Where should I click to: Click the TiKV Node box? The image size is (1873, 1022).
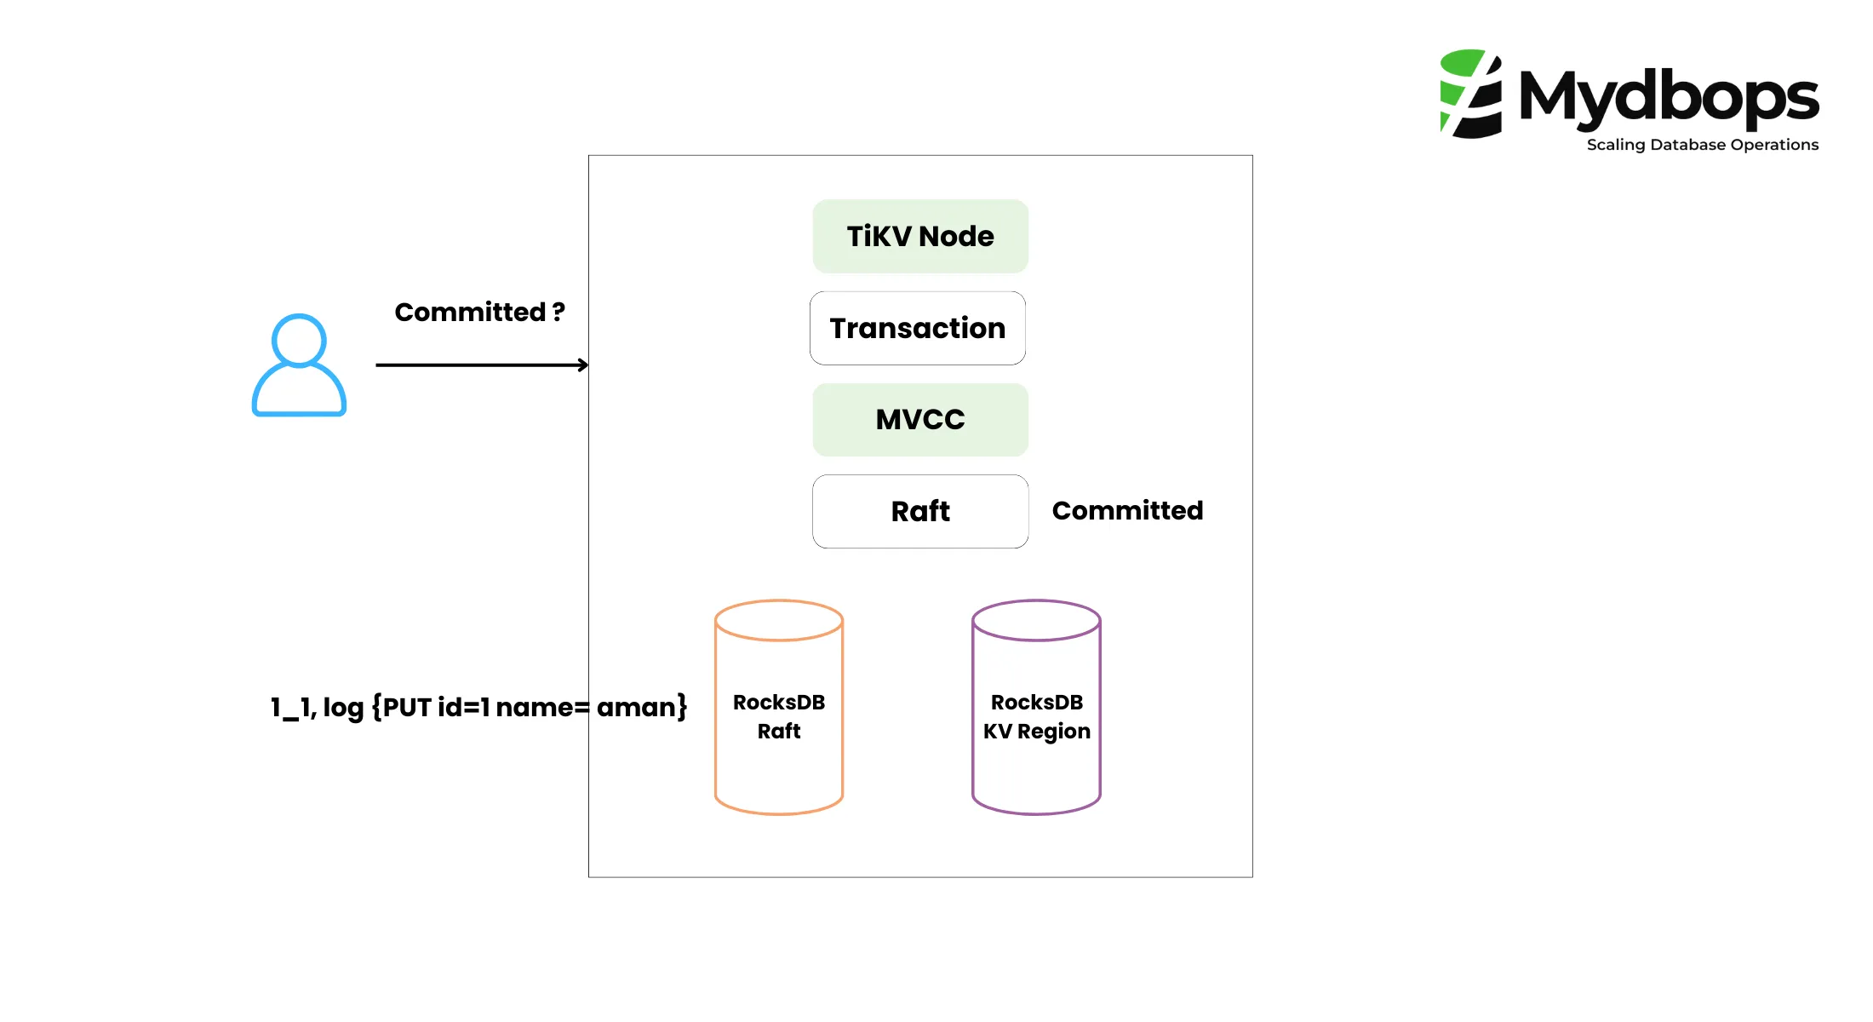tap(919, 236)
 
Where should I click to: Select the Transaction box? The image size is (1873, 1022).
tap(917, 328)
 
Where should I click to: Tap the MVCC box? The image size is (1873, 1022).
tap(919, 419)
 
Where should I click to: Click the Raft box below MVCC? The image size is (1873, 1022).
tap(919, 511)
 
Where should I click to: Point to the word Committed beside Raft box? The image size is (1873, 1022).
tap(1126, 510)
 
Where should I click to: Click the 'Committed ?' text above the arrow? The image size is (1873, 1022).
tap(478, 312)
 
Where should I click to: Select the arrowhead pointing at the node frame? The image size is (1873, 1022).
tap(583, 365)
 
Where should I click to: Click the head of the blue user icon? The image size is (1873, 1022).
tap(299, 340)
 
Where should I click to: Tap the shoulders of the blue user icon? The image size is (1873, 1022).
tap(299, 393)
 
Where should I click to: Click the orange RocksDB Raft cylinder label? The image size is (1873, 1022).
tap(778, 716)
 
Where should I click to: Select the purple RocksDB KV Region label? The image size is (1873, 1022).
tap(1036, 716)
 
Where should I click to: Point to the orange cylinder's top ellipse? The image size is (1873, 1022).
tap(778, 620)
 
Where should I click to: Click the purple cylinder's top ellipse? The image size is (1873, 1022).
tap(1036, 620)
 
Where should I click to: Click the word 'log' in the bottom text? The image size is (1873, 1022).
tap(343, 708)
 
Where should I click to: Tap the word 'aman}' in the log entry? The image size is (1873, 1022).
tap(641, 707)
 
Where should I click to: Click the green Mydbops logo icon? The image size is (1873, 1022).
tap(1470, 94)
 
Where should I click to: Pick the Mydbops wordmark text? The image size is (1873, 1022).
tap(1669, 96)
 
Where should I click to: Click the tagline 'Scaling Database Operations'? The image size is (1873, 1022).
tap(1702, 145)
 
